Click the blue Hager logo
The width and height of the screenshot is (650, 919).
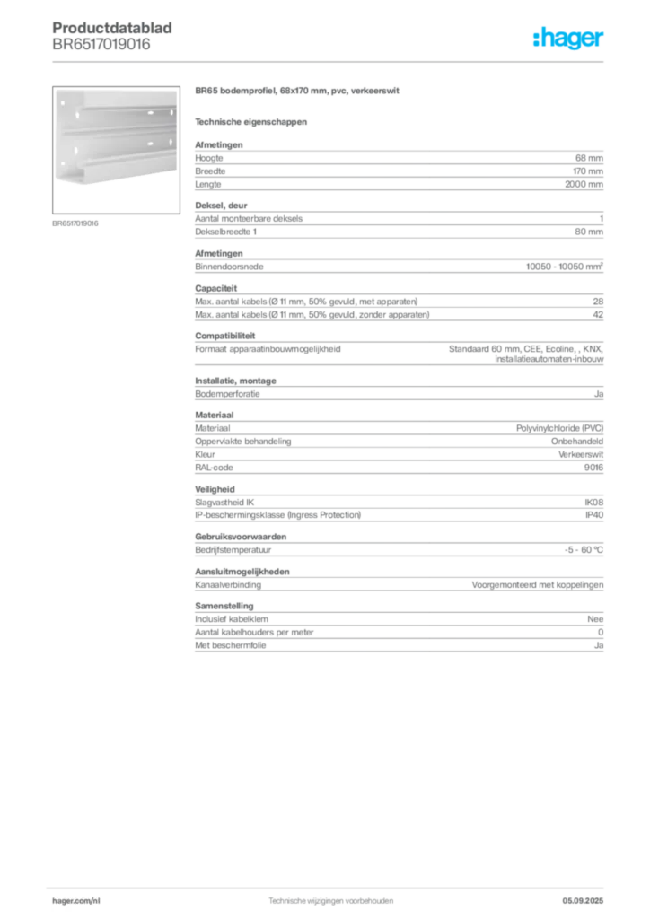point(569,39)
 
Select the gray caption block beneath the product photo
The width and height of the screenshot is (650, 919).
point(75,223)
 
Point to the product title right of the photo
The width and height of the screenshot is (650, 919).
point(297,92)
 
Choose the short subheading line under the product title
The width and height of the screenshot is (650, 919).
point(251,121)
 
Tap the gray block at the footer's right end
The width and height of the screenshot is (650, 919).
point(589,898)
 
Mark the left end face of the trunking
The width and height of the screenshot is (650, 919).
point(60,135)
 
